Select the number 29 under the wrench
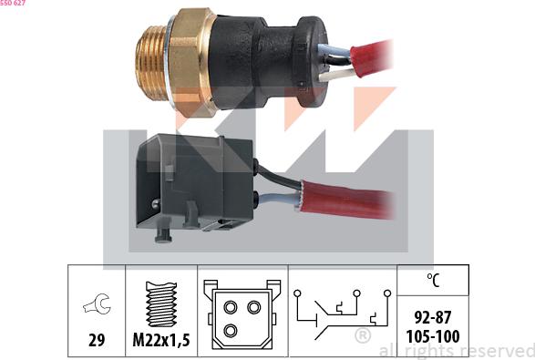pos(95,340)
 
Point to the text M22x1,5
pos(161,340)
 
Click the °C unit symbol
pos(433,282)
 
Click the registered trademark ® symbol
pos(362,335)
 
